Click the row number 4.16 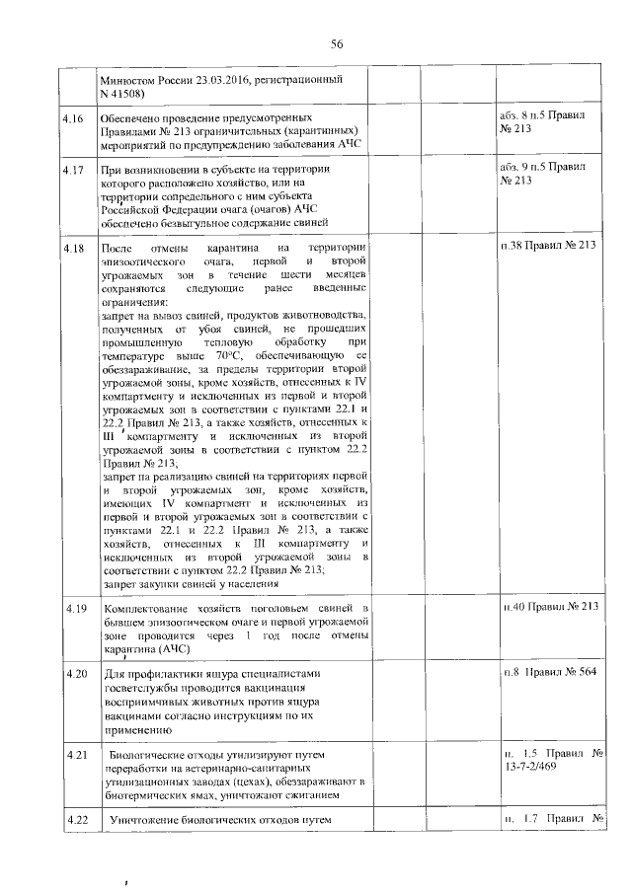coord(72,118)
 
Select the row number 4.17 coord(72,171)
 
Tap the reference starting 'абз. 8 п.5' coord(542,115)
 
